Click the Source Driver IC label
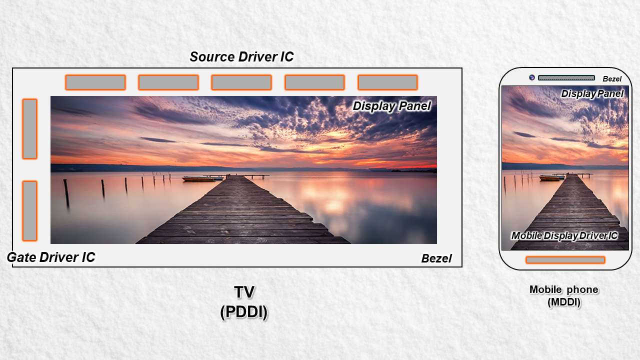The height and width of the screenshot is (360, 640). point(241,57)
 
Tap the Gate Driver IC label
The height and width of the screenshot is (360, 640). point(51,257)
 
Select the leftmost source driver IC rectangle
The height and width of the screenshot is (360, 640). point(95,82)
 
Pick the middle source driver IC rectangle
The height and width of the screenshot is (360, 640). point(241,82)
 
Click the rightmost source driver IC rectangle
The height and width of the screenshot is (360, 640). point(387,82)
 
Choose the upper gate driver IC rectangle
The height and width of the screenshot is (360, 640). point(29,129)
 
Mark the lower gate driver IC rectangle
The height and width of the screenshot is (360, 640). point(29,210)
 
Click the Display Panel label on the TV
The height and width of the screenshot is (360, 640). point(391,106)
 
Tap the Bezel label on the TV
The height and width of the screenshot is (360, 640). point(436,258)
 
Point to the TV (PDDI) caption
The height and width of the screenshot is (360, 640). point(244,302)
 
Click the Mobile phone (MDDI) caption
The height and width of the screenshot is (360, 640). point(564,295)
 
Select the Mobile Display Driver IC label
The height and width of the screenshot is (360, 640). point(564,235)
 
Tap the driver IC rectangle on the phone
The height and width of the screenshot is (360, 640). point(565,260)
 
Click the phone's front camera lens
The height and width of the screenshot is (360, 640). point(532,77)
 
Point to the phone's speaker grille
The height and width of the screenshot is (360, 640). point(566,77)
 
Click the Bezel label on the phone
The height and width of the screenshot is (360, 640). point(612,79)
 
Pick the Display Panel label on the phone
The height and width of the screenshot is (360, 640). point(592,93)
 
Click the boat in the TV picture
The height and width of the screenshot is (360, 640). point(198,178)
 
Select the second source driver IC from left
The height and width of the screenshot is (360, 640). point(168,82)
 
